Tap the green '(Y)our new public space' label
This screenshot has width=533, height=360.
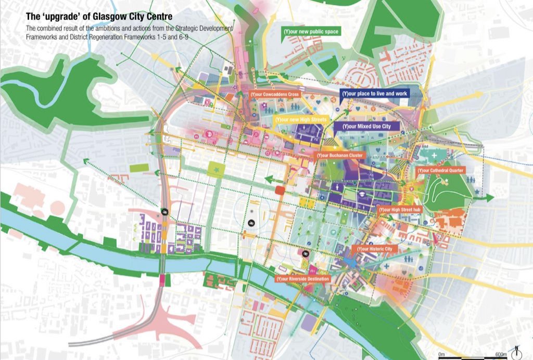pos(311,32)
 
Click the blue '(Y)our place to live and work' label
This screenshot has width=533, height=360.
pos(375,93)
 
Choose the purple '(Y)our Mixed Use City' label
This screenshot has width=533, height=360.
pos(367,126)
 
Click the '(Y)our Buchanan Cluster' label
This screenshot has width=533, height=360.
pos(339,155)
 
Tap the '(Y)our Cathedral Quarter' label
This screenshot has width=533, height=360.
pos(441,170)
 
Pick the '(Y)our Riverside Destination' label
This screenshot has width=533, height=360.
pos(303,279)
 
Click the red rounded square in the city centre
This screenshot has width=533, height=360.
pos(280,190)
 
